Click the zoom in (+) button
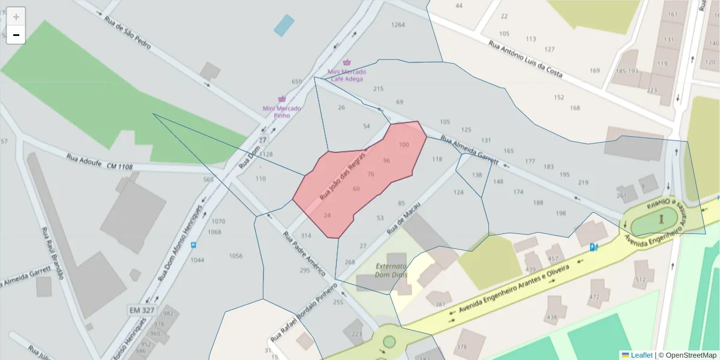(x=16, y=16)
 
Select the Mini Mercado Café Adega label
(x=346, y=75)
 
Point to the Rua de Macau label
(x=403, y=218)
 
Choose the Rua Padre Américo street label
(x=305, y=253)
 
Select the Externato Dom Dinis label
(x=391, y=270)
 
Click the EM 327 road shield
(x=142, y=310)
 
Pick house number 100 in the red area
(x=404, y=145)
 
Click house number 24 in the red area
(x=327, y=215)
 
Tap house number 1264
(x=398, y=25)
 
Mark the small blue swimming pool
(x=284, y=25)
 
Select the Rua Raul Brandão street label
(x=52, y=253)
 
